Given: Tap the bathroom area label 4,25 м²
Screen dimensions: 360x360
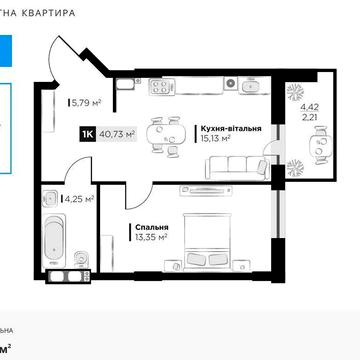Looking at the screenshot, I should [x=79, y=198].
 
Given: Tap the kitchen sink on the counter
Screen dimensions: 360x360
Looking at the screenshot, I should [x=246, y=86].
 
